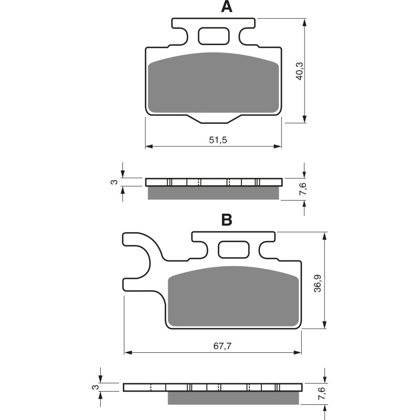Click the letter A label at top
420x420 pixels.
[x=226, y=7]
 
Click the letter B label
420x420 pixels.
[x=226, y=220]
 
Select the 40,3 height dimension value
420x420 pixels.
[x=299, y=71]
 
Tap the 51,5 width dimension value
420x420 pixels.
[x=214, y=140]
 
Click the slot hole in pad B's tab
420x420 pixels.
[x=234, y=249]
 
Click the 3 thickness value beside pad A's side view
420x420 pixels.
[x=113, y=182]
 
